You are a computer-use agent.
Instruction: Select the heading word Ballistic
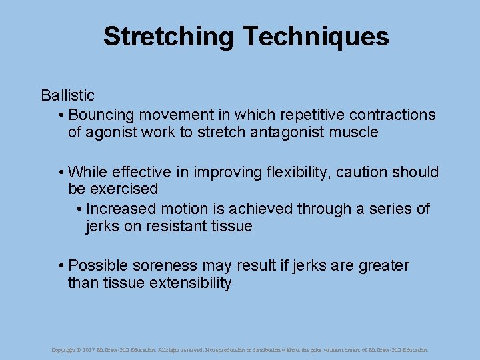(67, 96)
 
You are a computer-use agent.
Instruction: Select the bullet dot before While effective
(61, 173)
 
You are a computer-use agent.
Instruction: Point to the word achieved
(261, 209)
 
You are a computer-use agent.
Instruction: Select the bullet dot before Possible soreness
(61, 266)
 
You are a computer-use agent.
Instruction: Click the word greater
(384, 265)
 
